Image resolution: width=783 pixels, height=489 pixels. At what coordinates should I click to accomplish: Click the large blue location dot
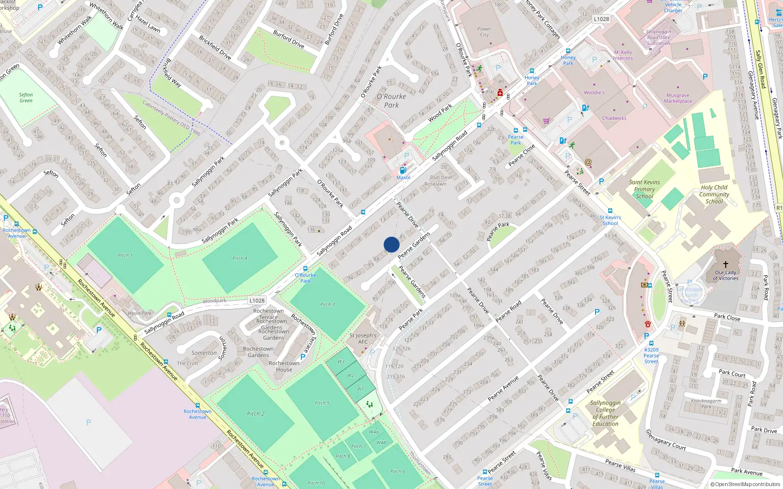391,244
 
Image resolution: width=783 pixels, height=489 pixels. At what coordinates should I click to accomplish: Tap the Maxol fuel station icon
403,170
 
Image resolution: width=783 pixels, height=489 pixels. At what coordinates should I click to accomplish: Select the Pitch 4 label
240,258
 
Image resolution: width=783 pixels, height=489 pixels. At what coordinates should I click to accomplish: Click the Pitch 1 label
125,255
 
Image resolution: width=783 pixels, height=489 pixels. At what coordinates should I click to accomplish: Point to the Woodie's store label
594,92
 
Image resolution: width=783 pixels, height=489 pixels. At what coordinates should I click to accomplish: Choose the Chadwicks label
614,118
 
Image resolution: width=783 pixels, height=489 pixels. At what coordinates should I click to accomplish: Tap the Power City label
484,32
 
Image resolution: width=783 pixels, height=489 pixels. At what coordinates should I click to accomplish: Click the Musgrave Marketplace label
678,98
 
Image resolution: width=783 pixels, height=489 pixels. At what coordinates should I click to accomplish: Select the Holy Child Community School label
714,194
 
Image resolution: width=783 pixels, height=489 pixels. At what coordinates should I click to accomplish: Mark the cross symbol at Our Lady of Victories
726,264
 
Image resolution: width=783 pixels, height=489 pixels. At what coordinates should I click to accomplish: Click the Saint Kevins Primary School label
645,189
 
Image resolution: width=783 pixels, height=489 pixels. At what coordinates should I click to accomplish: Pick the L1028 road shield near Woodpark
256,301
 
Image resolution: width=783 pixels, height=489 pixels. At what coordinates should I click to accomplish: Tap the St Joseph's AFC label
363,338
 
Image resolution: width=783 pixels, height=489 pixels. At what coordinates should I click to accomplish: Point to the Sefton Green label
26,98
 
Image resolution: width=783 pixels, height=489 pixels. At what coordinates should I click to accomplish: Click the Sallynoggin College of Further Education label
605,413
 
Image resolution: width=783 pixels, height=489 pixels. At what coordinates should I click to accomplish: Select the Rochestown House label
284,366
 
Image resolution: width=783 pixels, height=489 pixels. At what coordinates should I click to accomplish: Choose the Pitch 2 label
255,414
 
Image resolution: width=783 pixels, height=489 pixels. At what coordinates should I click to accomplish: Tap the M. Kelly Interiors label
623,55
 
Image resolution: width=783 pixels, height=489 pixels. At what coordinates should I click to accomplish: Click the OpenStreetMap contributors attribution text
745,485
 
